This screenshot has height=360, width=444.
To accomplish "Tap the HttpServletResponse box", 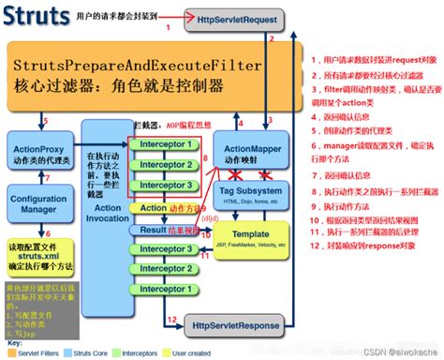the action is coord(234,325).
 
